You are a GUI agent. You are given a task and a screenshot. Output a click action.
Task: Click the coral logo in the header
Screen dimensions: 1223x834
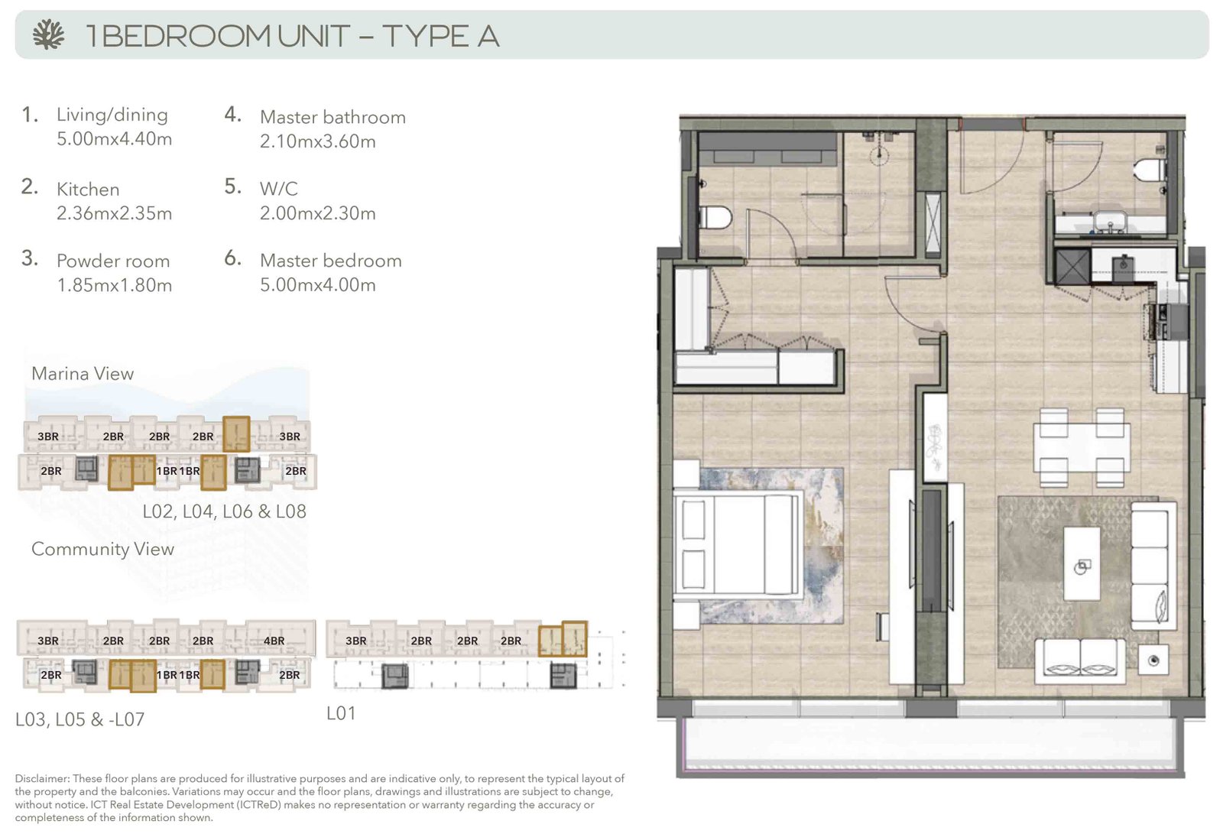48,35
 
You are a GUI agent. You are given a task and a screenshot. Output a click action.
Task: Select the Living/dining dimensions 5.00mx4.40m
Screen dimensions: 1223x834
114,138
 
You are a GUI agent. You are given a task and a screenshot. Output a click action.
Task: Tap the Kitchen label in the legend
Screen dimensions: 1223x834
88,189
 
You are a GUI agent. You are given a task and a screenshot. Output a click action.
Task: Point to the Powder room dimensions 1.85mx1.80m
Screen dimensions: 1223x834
114,285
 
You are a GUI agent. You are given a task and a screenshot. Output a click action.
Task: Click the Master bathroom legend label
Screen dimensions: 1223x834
333,117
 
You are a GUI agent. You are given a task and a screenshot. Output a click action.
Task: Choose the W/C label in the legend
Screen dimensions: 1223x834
278,189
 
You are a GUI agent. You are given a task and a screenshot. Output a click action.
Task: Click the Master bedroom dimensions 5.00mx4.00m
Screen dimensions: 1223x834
318,284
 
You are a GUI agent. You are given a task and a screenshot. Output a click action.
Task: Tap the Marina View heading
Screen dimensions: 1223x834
83,374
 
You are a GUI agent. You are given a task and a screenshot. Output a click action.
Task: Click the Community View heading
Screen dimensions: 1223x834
102,549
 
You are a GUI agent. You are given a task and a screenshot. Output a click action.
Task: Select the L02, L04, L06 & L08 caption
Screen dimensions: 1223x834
225,511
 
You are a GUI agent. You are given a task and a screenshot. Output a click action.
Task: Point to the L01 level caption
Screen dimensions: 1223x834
341,712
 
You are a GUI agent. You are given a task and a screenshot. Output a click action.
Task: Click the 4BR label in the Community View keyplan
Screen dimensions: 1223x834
274,641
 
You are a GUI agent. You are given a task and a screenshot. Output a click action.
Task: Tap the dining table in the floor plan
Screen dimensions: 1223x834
1081,448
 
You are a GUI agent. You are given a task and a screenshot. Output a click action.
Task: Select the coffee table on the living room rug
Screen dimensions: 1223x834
1082,563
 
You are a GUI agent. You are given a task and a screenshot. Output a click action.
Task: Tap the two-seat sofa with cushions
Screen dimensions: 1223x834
1080,661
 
